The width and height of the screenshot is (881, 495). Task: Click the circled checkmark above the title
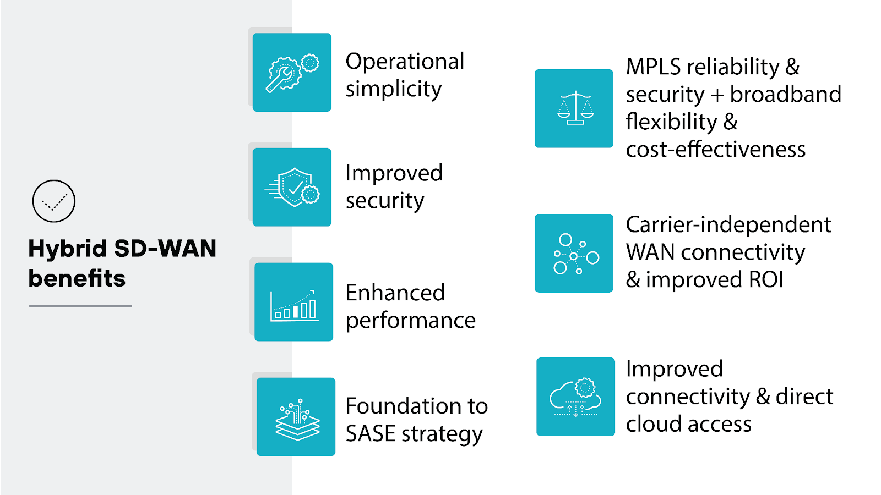(53, 201)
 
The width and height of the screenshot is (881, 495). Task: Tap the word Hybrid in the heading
(67, 249)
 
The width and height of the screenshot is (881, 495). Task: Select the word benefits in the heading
(77, 278)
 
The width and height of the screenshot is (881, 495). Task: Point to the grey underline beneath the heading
(80, 306)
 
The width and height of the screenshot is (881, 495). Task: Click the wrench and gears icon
(292, 73)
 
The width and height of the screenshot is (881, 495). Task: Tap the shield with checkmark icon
(292, 187)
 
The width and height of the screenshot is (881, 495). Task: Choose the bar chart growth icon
(293, 302)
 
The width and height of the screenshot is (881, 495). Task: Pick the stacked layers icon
(296, 417)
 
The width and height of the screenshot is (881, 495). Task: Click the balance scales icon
(574, 108)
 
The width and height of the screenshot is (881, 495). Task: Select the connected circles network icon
(574, 254)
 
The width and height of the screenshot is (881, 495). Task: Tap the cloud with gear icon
(575, 397)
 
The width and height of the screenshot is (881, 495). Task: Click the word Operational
(405, 61)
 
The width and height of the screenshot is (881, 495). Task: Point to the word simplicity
(393, 89)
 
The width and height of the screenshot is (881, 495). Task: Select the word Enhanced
(395, 293)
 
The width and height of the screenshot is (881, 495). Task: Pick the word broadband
(786, 95)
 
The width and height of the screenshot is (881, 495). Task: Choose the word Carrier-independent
(728, 224)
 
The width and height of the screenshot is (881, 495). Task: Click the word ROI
(766, 280)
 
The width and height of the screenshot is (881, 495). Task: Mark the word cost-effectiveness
(716, 150)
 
